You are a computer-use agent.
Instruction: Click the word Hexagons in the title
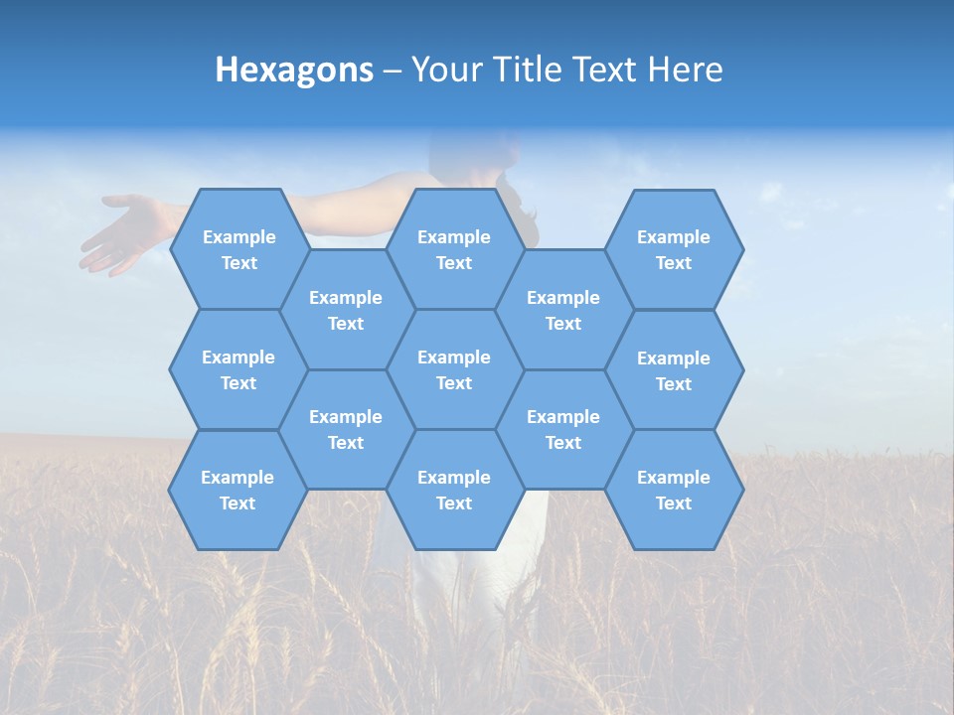click(294, 70)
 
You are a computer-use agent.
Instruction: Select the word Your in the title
click(444, 70)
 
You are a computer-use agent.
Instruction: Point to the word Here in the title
click(685, 70)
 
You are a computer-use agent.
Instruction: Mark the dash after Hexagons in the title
click(392, 71)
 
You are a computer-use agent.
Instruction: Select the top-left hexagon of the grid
click(238, 249)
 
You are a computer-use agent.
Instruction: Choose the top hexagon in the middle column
click(454, 249)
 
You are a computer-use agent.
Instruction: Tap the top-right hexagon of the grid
click(674, 249)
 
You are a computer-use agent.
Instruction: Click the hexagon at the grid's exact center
click(454, 369)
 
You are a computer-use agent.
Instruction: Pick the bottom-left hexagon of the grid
click(238, 490)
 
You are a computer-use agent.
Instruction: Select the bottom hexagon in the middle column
click(454, 490)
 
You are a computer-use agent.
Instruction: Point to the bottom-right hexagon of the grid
click(674, 490)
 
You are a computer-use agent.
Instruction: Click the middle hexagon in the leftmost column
click(238, 369)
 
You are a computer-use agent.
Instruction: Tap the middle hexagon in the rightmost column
click(674, 370)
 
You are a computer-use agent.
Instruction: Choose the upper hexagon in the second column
click(346, 310)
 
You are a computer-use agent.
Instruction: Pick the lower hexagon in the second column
click(346, 429)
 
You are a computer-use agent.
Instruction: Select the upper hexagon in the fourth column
click(563, 310)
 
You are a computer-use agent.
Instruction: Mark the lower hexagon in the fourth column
click(563, 429)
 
